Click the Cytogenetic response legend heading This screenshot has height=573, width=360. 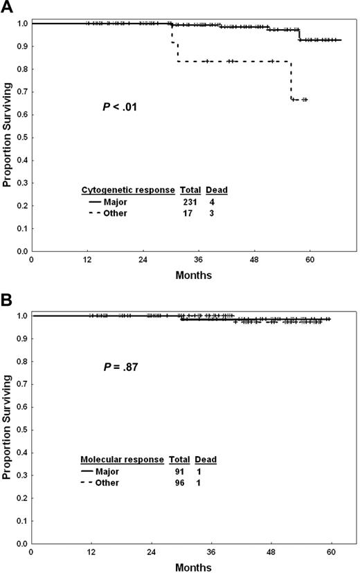(x=128, y=190)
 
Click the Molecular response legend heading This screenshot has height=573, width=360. (x=123, y=460)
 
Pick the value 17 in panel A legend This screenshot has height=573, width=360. (x=190, y=213)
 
